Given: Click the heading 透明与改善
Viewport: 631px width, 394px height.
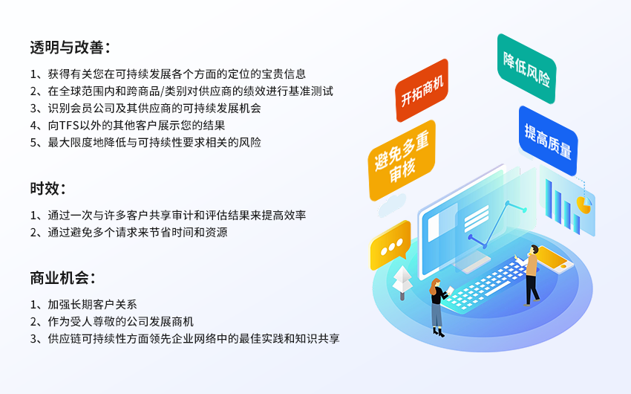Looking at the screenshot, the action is (70, 48).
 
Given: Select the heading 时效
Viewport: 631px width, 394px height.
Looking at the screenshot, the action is (48, 188).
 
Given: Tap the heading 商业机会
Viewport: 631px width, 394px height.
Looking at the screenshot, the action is (62, 278).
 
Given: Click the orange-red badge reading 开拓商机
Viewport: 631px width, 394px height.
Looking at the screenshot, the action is (422, 90).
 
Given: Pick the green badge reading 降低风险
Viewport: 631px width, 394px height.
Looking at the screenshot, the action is (526, 68).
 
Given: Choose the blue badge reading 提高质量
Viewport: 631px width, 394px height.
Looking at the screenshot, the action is (548, 141).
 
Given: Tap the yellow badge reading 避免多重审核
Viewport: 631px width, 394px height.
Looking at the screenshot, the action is (402, 160).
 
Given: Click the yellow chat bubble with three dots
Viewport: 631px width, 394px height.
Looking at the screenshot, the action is (390, 245).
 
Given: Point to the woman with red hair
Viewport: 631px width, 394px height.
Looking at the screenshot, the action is (439, 307).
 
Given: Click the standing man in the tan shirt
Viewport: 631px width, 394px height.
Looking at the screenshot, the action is (530, 275).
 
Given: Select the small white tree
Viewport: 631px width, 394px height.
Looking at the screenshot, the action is (402, 282).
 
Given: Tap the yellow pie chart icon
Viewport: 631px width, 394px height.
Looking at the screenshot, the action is (584, 204).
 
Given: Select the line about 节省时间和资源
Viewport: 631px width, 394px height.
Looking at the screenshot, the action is (128, 232).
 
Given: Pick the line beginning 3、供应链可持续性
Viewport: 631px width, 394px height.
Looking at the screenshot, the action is (185, 338).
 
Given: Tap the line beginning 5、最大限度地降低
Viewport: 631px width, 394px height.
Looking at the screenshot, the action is (146, 142).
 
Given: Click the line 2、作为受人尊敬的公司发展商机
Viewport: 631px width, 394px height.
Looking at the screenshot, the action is (112, 321).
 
